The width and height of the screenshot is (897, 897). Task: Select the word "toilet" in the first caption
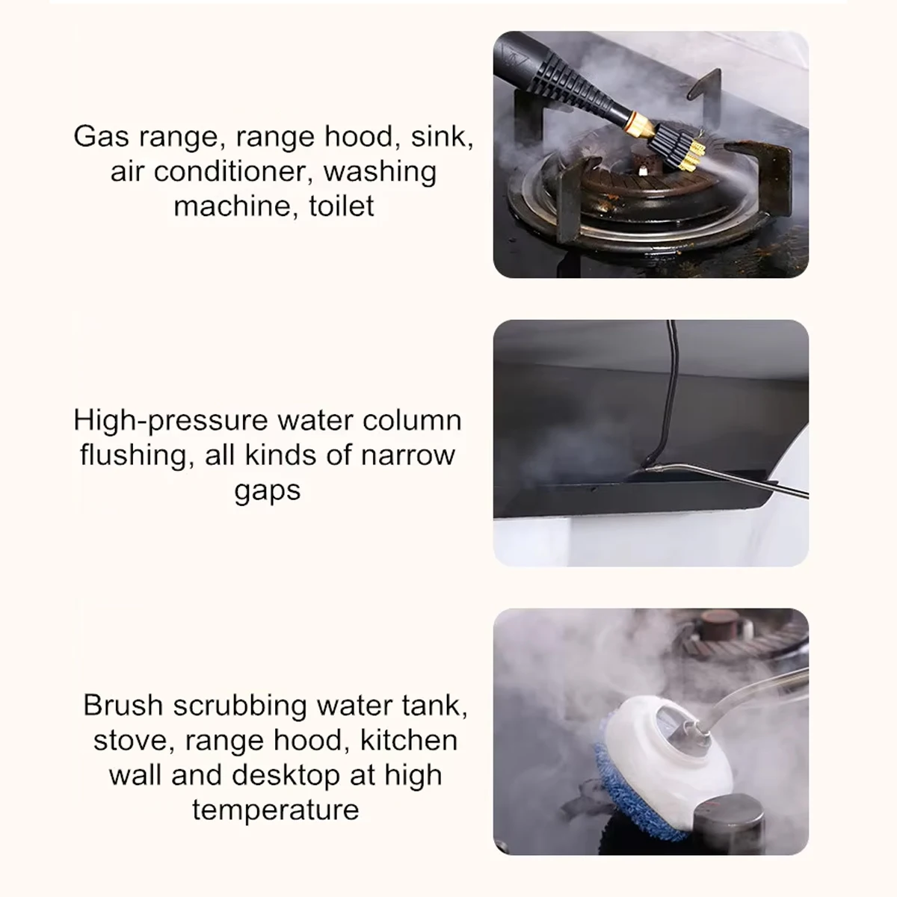click(x=341, y=206)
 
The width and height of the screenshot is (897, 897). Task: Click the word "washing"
click(x=380, y=172)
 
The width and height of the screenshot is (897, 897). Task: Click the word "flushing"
click(x=132, y=455)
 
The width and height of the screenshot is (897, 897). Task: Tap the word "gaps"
click(x=267, y=490)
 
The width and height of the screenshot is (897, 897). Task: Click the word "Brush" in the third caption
click(x=123, y=706)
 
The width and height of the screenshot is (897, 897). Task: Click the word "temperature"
click(x=275, y=810)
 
